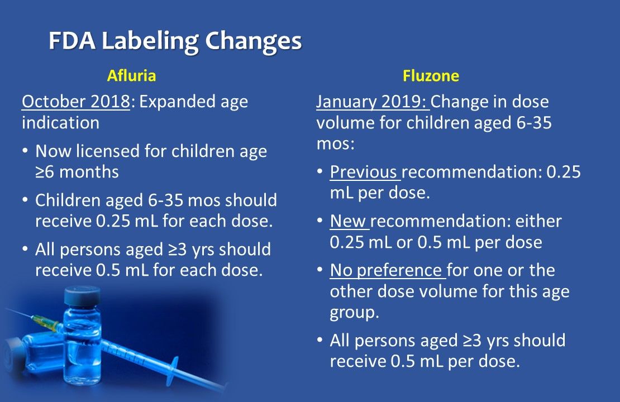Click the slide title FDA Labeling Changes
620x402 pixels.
pyautogui.click(x=175, y=41)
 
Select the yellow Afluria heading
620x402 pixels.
pyautogui.click(x=132, y=75)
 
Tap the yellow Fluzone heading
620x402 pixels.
pyautogui.click(x=431, y=75)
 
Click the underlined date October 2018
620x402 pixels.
pyautogui.click(x=75, y=103)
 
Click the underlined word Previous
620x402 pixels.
pyautogui.click(x=364, y=172)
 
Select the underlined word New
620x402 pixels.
pyautogui.click(x=348, y=221)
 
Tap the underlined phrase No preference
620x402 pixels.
pyautogui.click(x=386, y=271)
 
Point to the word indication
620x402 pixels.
pyautogui.click(x=60, y=122)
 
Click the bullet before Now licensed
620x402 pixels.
pyautogui.click(x=26, y=152)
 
